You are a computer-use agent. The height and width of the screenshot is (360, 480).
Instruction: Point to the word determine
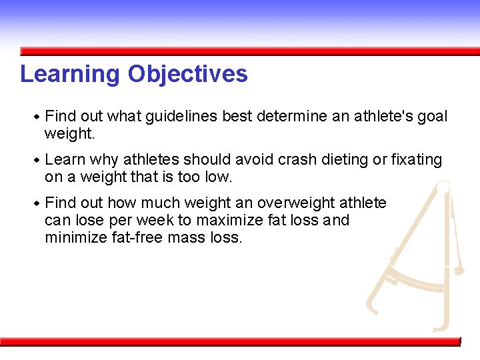[291, 117]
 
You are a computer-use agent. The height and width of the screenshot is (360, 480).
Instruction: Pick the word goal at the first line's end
[433, 117]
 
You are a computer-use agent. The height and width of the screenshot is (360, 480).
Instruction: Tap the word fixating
[417, 160]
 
